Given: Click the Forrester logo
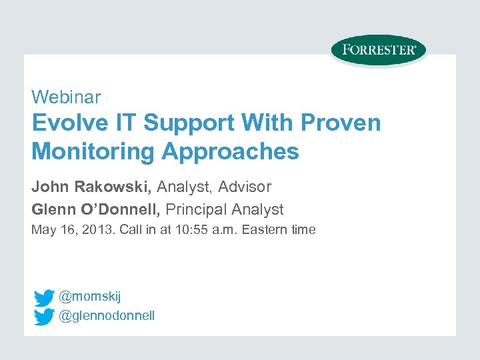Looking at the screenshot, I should point(378,50).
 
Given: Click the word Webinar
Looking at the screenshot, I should point(66,97).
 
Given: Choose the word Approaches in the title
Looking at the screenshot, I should point(230,152).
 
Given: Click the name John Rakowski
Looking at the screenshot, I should point(91,187).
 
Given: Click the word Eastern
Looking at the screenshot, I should point(267,230).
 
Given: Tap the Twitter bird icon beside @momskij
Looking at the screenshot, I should point(44,297).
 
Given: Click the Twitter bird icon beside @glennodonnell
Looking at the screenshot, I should point(44,316).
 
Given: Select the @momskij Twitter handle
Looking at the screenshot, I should point(90,296).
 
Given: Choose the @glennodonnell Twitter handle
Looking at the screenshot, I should point(107,315).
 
